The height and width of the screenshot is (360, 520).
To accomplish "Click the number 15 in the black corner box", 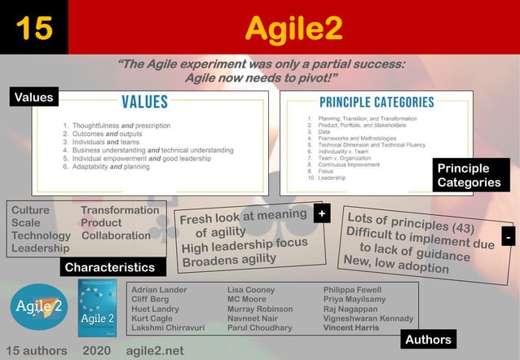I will tap(33, 28).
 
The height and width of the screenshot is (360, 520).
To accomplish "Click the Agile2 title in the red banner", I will tap(293, 29).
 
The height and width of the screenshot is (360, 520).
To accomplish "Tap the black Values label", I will tap(34, 98).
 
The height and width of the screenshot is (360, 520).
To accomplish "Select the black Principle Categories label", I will tap(469, 175).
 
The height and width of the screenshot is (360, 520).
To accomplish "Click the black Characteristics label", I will tap(110, 267).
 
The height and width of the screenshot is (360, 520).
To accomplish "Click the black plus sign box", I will tap(323, 213).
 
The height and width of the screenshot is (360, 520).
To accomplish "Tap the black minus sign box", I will tap(508, 236).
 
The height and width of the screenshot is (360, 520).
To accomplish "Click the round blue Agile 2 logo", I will tap(38, 307).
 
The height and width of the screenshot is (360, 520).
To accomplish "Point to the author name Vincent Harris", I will tap(350, 328).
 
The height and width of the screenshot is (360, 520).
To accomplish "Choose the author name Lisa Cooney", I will tap(251, 290).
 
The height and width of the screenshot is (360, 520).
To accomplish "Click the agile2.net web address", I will tap(156, 350).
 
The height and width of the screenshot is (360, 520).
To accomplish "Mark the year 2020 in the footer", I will tap(97, 350).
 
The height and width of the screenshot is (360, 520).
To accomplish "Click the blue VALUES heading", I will tap(144, 102).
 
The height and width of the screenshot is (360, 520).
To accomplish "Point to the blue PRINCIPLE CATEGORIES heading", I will tap(376, 103).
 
